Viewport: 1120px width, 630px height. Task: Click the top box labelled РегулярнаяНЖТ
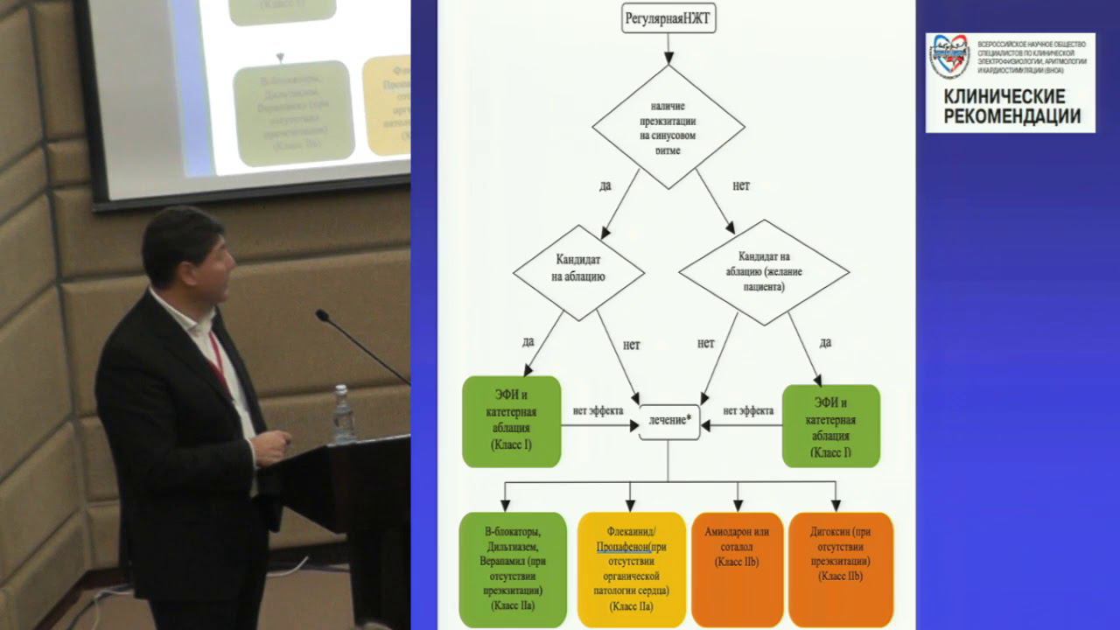coord(668,17)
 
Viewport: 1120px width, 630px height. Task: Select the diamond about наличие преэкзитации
coord(668,126)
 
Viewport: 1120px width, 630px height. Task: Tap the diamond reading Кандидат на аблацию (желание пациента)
coord(763,271)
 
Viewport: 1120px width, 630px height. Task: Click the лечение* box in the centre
coord(669,422)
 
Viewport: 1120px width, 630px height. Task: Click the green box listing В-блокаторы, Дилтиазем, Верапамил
coord(512,569)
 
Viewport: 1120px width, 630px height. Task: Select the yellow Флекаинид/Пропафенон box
coord(631,569)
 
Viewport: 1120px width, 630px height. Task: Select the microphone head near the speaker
coord(323,315)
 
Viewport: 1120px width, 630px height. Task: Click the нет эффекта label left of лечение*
coord(598,409)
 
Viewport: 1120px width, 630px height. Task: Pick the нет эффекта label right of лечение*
coord(747,409)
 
